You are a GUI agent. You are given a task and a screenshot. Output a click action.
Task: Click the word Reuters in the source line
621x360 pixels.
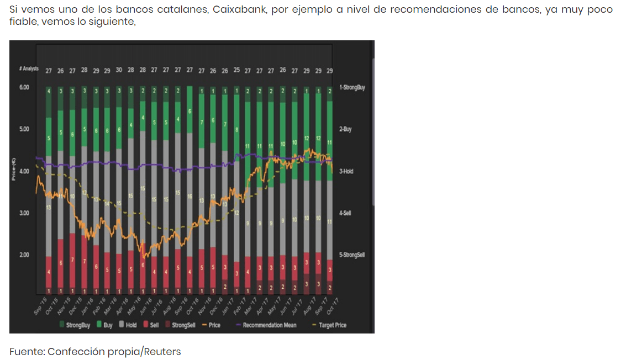click(162, 352)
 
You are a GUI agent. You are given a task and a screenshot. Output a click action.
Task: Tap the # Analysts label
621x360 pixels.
click(28, 69)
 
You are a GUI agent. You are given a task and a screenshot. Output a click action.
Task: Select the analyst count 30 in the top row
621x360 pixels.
click(119, 71)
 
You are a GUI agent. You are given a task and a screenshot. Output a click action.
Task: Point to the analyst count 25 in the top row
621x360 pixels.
click(236, 71)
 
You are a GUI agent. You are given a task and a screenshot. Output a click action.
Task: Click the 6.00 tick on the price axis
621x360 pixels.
click(24, 87)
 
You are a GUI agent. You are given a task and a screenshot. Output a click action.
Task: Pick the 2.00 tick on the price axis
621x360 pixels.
click(24, 255)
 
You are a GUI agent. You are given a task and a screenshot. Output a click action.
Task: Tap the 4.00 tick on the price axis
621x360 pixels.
click(24, 171)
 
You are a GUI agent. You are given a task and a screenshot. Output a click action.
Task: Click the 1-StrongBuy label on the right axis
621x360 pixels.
click(352, 87)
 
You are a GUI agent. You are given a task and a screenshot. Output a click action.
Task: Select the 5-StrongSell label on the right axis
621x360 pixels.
click(352, 255)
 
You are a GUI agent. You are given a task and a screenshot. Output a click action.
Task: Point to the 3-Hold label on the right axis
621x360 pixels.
click(346, 171)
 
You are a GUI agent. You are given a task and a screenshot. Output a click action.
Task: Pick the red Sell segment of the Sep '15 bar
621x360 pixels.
click(48, 272)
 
